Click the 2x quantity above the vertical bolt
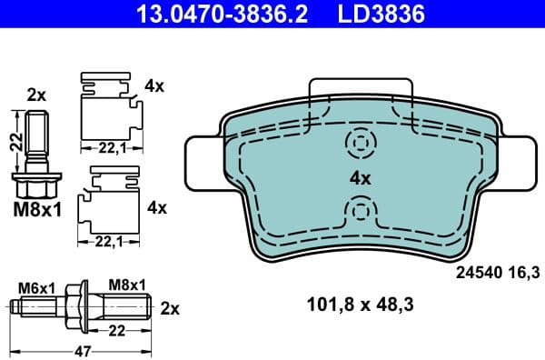pos(36,94)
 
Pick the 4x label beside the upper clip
pos(154,86)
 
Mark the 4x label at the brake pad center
pos(361,178)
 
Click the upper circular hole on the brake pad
pos(361,142)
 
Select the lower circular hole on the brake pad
pos(361,212)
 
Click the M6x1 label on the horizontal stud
pos(37,286)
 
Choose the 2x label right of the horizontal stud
pos(170,307)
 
